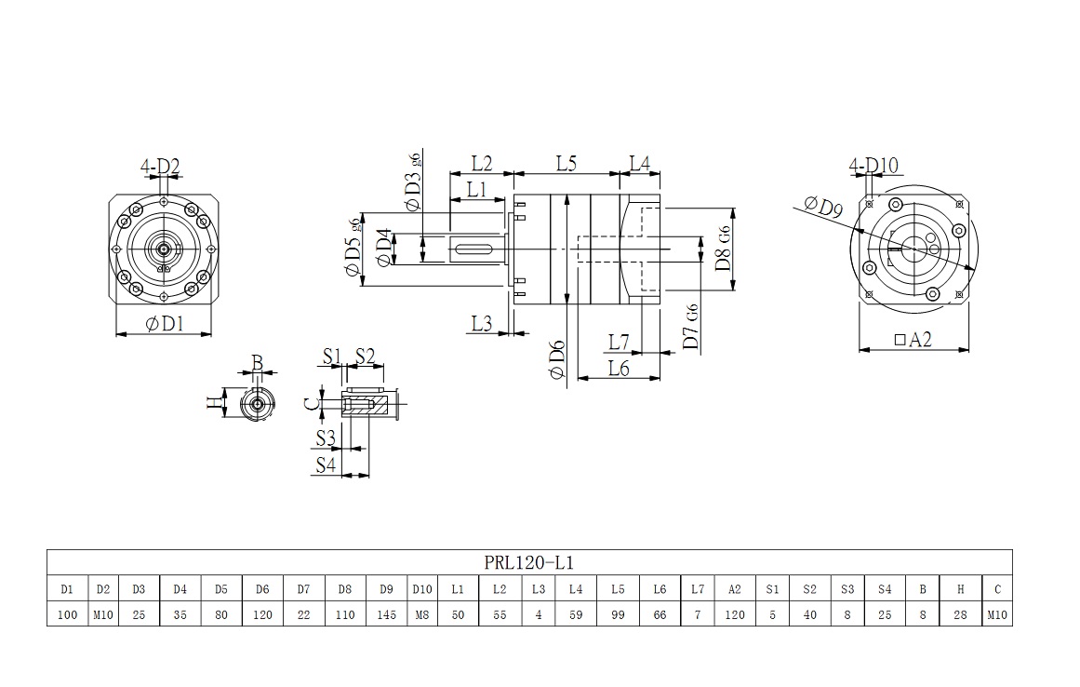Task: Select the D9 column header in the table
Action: [386, 588]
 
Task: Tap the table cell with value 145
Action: [386, 614]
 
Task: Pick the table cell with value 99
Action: [618, 614]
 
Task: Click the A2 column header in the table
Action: [735, 588]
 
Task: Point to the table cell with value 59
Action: [576, 614]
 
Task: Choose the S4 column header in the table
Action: [884, 588]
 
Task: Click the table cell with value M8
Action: [422, 614]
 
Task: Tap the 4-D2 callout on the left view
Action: [160, 168]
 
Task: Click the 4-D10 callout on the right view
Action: [873, 166]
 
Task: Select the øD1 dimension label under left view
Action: [164, 324]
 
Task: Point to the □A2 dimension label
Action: [912, 341]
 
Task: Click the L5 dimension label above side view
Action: [567, 163]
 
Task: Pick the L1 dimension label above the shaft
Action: [477, 189]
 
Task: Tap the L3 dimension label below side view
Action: [481, 323]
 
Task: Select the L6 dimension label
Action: [619, 369]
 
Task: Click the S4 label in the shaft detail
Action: [325, 465]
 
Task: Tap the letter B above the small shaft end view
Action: [258, 361]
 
